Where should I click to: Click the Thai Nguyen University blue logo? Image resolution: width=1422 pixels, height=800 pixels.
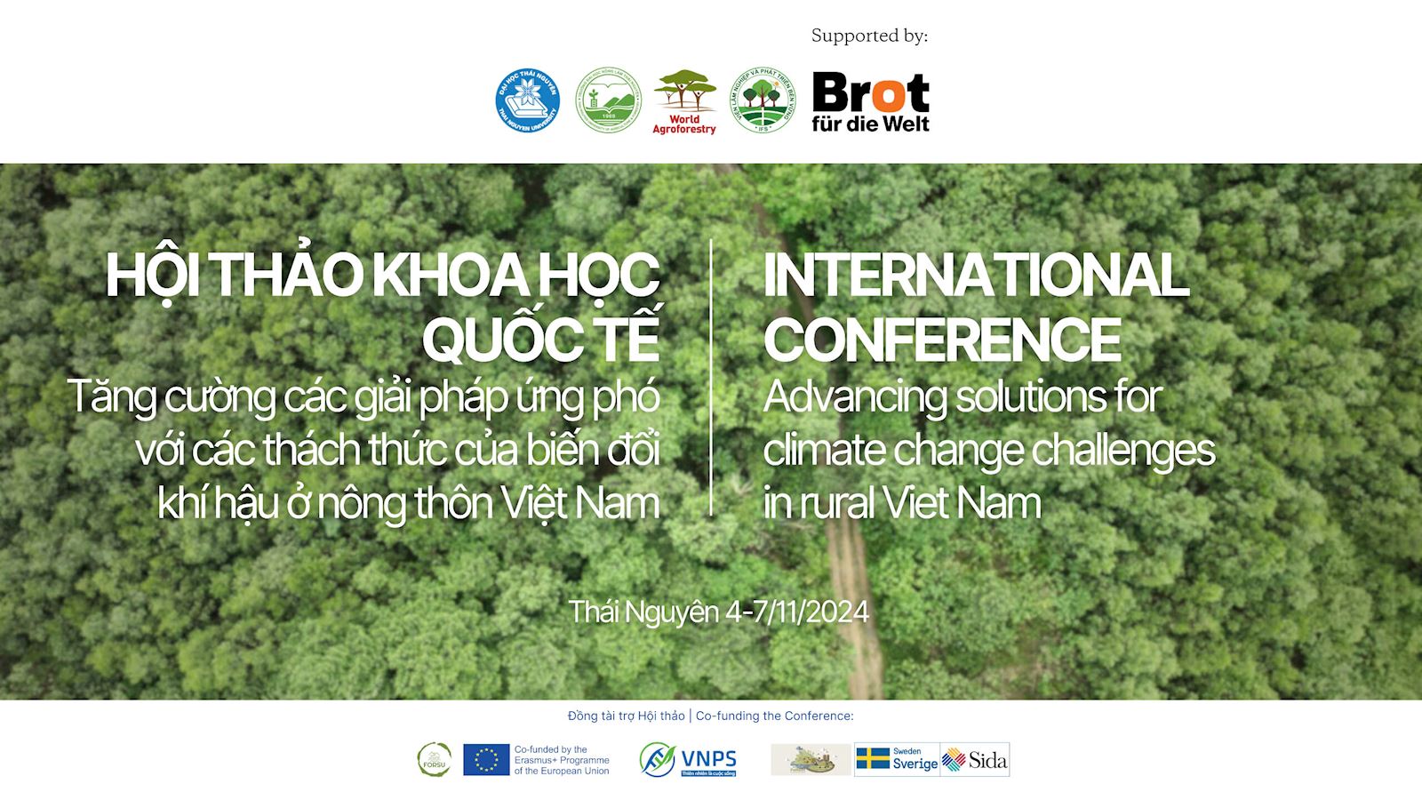(x=527, y=100)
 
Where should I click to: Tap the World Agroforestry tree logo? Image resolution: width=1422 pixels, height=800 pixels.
(x=684, y=101)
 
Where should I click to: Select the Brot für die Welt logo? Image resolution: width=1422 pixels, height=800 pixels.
(x=870, y=102)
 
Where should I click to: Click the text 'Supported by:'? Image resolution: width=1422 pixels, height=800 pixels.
(x=869, y=36)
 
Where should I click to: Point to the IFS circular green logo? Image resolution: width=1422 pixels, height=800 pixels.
(x=762, y=101)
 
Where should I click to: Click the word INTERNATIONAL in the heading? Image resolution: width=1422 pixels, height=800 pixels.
(x=975, y=275)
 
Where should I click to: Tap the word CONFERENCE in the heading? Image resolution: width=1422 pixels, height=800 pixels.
(x=941, y=339)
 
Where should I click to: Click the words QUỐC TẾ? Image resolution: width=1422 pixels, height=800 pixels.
(x=540, y=339)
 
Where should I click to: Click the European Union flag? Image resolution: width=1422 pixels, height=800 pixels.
(x=486, y=759)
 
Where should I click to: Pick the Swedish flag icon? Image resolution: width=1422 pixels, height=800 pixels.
(x=873, y=758)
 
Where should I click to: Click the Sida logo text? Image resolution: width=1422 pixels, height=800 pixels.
(x=987, y=760)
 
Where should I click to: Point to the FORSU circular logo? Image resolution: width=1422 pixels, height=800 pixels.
(x=434, y=759)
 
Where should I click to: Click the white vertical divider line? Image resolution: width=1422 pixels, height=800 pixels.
(x=711, y=378)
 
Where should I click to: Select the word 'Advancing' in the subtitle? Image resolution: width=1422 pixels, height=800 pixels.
(x=853, y=396)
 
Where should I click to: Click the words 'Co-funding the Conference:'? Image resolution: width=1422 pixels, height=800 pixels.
(x=774, y=716)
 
